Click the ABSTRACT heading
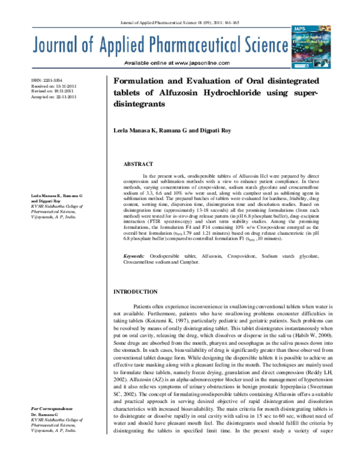pos(136,163)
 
